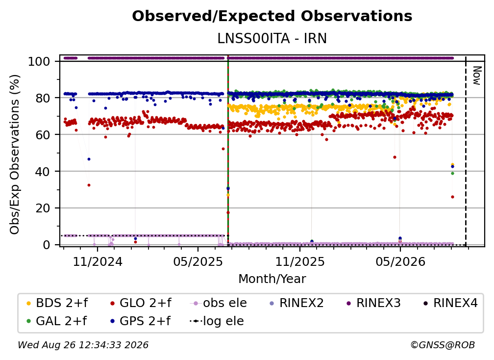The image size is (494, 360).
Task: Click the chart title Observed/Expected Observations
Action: (x=272, y=16)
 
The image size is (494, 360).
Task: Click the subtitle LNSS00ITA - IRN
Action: (x=272, y=38)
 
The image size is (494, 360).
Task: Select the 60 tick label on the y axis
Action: (x=43, y=134)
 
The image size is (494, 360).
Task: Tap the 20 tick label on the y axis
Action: (x=43, y=208)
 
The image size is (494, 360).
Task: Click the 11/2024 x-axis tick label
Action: (x=98, y=261)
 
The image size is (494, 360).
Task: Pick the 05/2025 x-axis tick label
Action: (x=198, y=261)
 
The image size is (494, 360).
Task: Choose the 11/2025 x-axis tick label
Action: (x=300, y=261)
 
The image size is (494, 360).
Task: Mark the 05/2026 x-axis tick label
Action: (x=400, y=261)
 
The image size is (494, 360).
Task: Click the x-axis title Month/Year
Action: (x=272, y=279)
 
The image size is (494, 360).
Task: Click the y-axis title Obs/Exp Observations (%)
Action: (x=15, y=154)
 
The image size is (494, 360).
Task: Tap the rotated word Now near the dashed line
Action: (x=477, y=76)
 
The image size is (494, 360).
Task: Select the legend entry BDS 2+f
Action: (x=57, y=303)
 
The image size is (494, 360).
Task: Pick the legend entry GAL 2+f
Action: (x=57, y=321)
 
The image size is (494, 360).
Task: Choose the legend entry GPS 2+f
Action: (x=141, y=321)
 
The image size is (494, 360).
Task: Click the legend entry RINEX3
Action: (x=373, y=303)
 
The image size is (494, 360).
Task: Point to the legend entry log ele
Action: (x=217, y=321)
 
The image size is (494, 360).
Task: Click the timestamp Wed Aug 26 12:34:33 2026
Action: (x=83, y=345)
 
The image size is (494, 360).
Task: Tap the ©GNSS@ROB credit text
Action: (x=443, y=345)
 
